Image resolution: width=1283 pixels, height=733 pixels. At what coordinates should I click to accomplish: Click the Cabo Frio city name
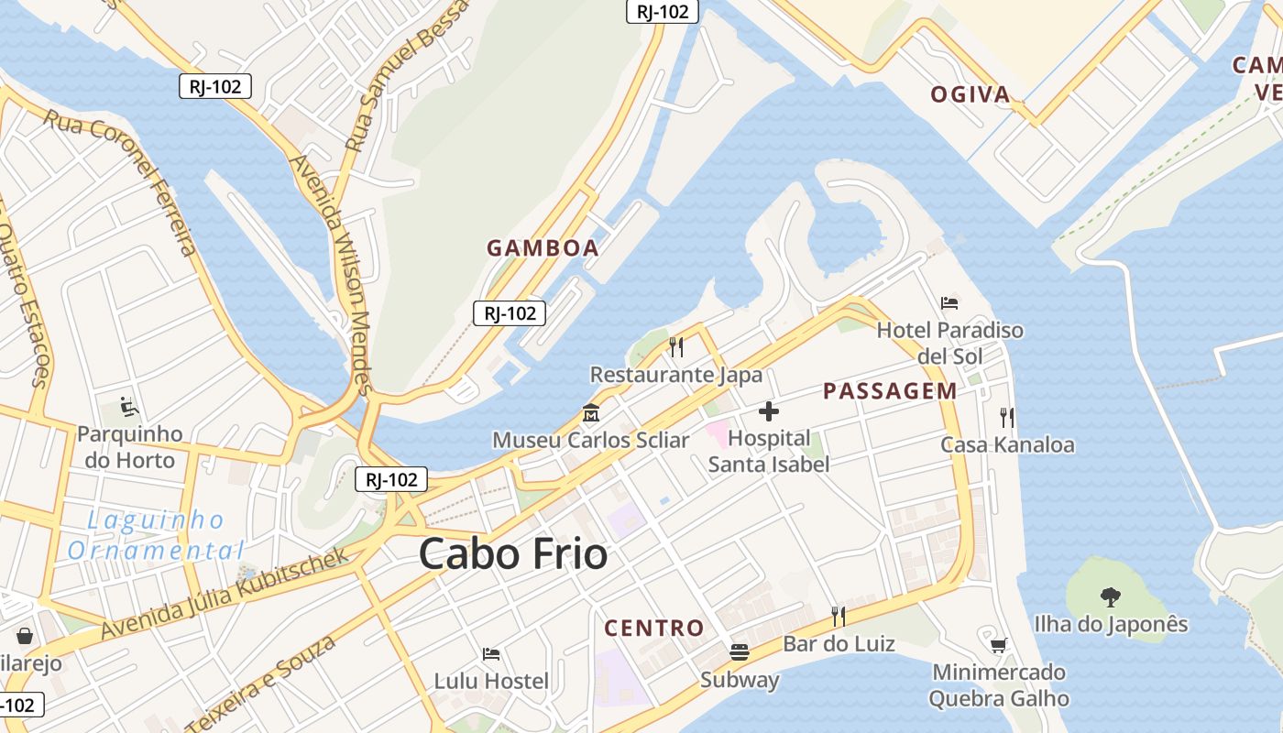coord(512,554)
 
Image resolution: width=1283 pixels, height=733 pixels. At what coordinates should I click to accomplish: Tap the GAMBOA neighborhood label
coord(543,248)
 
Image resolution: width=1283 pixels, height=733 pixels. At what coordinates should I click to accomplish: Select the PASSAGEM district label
coord(890,391)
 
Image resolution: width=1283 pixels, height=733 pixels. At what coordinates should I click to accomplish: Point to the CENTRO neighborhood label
coord(653,629)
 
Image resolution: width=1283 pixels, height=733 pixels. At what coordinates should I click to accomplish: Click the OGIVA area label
coord(970,94)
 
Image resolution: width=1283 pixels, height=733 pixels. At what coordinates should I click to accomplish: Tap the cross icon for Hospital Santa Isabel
coord(769,411)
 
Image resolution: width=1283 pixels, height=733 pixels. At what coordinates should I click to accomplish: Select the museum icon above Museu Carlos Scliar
coord(590,412)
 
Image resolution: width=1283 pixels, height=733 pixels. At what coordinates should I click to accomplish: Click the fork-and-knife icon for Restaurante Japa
coord(676,346)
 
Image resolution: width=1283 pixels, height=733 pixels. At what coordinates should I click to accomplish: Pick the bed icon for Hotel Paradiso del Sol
coord(949,302)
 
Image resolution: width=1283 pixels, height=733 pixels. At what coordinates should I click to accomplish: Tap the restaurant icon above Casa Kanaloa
coord(1007,417)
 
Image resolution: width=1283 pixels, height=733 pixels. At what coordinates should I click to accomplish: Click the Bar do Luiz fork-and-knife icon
coord(838,616)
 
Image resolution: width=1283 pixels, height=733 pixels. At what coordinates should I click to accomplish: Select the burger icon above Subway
coord(740,652)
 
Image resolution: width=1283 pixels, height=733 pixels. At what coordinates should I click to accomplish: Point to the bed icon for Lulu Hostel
coord(491,654)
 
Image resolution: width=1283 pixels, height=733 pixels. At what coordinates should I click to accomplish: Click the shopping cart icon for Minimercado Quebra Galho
coord(999,645)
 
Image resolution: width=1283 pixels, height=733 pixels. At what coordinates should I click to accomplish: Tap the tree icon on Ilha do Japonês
coord(1111,597)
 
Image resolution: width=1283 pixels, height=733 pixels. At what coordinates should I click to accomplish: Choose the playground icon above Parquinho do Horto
coord(129,406)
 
